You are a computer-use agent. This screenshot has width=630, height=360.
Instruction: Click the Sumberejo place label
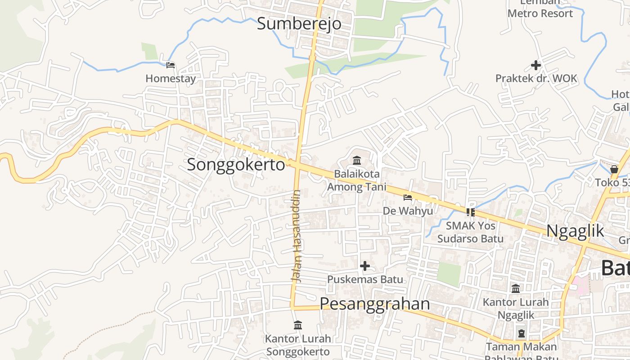coord(299,23)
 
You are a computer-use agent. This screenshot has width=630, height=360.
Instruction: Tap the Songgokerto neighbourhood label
coord(236,165)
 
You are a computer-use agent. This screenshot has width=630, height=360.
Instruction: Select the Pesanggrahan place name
coord(375,304)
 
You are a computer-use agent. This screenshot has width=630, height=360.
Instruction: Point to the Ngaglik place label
coord(575,231)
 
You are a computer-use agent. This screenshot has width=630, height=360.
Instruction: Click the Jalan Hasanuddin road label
coord(296,236)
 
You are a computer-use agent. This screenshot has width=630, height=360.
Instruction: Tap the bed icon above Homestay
coord(171,65)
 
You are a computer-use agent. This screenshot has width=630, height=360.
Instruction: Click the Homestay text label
coord(171,79)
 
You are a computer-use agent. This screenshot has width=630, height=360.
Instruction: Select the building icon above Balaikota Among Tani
coord(357,160)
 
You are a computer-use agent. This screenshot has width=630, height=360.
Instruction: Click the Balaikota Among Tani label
coord(357,180)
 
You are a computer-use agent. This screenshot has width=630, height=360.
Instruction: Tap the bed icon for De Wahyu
coord(408,197)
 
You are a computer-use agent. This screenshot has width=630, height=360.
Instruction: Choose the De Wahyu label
coord(408,211)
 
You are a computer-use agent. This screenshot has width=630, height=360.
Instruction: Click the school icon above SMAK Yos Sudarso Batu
coord(471,212)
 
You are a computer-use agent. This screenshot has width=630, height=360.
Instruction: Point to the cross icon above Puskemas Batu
coord(365,266)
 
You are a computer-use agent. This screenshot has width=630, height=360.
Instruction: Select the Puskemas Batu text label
coord(365,279)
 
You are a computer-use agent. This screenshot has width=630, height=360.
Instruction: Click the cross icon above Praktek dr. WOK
coord(535,65)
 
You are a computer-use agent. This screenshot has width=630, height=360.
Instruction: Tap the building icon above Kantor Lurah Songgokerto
coord(297,325)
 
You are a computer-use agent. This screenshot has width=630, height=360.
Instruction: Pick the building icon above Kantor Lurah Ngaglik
coord(516,288)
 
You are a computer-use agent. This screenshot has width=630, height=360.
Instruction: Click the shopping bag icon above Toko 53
coord(614,169)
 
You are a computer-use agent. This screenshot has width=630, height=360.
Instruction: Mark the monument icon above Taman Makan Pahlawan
coord(521,334)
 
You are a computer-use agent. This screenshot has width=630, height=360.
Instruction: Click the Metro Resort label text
coord(540,13)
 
